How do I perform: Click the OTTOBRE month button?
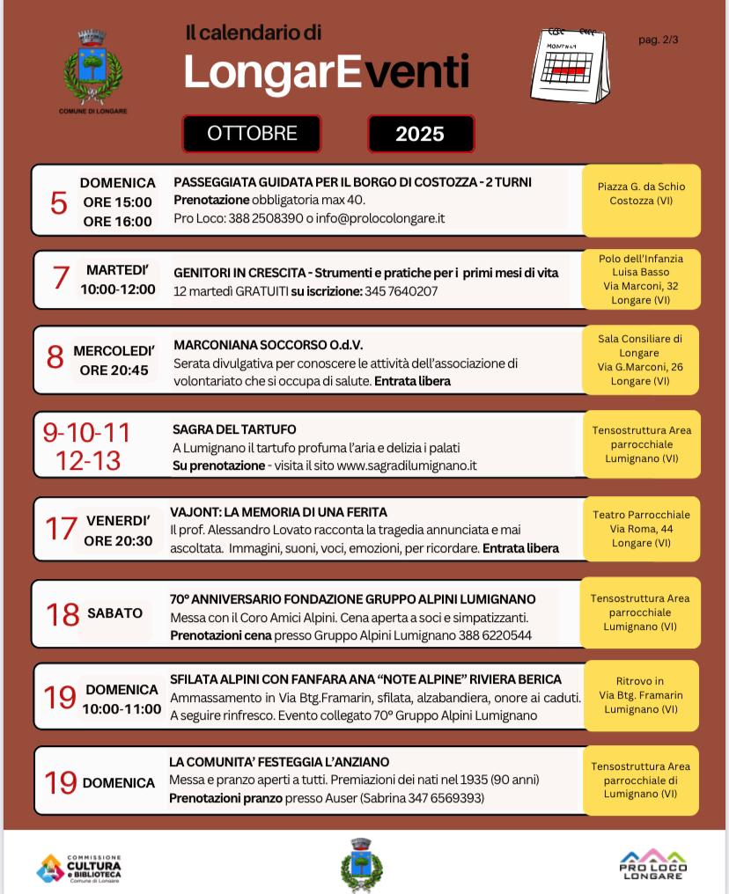click(x=252, y=134)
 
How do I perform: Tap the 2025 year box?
click(x=420, y=134)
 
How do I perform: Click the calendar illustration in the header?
click(x=569, y=65)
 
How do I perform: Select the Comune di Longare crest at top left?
click(x=92, y=70)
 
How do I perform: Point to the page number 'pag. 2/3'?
click(x=659, y=40)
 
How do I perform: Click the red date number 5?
click(x=58, y=203)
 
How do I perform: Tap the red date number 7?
click(x=60, y=278)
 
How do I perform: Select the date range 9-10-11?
click(x=86, y=433)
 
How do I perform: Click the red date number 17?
click(x=61, y=529)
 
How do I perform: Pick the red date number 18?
click(x=63, y=614)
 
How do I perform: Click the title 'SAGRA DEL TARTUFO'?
click(x=234, y=429)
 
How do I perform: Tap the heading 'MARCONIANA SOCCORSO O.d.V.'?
click(x=268, y=345)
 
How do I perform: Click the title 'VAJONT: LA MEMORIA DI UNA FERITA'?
click(x=278, y=511)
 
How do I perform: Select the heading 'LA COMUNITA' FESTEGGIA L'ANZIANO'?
click(x=279, y=762)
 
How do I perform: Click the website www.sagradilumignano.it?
click(x=406, y=465)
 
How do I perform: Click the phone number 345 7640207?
click(x=401, y=291)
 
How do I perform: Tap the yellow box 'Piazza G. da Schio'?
click(x=641, y=194)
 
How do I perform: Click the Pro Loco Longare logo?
click(x=653, y=865)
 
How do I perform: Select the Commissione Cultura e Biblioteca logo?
click(x=79, y=868)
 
